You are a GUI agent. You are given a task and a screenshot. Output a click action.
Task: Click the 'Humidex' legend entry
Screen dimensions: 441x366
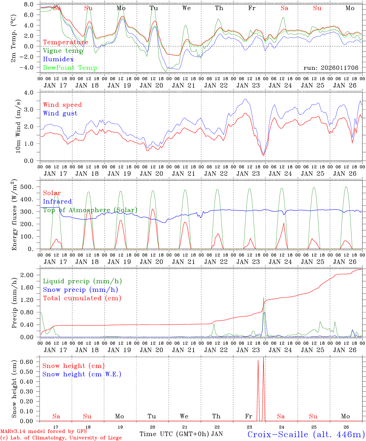pos(58,59)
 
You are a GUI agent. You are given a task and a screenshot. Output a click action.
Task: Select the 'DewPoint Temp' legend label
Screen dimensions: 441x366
pos(70,68)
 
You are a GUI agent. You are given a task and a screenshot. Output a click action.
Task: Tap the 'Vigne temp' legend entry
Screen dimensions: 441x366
pos(63,51)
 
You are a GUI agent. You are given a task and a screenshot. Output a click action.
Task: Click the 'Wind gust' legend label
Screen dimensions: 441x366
pos(60,113)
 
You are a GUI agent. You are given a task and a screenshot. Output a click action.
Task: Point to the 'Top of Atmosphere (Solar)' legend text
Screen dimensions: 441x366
pos(90,210)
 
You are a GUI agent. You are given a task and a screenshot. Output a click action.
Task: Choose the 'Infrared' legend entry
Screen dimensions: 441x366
pos(57,202)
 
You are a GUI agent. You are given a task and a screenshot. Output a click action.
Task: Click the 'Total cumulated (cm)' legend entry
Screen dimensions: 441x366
pos(82,298)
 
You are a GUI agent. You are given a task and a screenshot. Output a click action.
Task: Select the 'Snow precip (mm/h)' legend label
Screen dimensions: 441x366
pos(81,290)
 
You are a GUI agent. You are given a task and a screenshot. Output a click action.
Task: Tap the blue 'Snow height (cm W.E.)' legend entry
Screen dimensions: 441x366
pos(82,374)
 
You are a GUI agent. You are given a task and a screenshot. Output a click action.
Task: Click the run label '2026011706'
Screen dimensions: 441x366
pos(331,68)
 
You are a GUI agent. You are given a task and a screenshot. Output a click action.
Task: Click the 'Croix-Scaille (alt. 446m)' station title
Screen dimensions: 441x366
pos(306,434)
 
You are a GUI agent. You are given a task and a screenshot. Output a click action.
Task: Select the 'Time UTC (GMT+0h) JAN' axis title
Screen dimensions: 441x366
pos(181,434)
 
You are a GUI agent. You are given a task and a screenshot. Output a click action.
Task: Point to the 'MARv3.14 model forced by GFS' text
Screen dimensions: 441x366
pos(43,432)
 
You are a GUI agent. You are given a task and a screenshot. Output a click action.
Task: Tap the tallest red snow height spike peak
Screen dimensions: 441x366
pos(263,357)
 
